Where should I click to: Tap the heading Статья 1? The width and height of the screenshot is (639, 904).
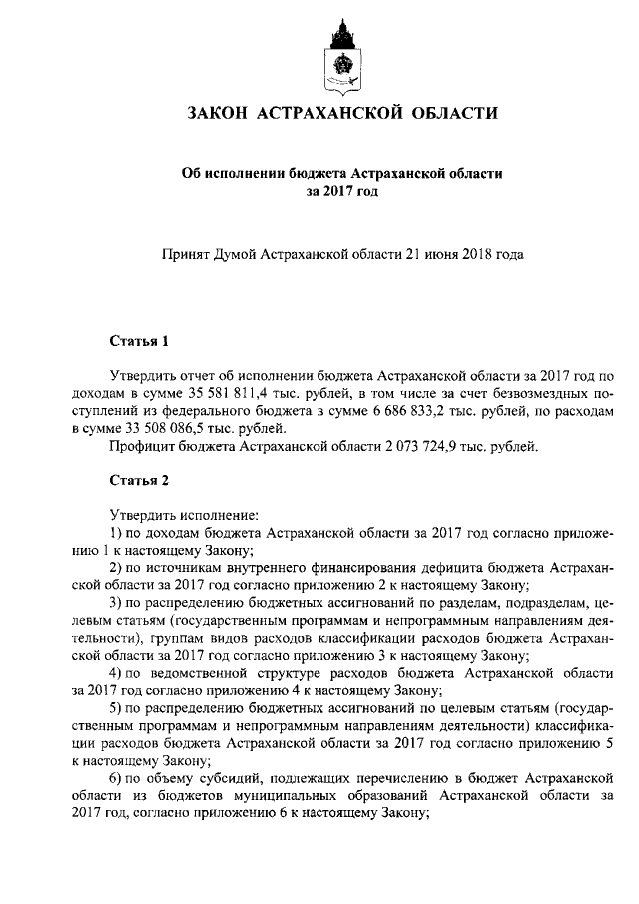pyautogui.click(x=138, y=342)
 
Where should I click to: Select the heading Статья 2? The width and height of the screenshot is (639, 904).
pyautogui.click(x=138, y=480)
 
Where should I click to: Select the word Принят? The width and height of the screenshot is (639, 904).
pyautogui.click(x=187, y=254)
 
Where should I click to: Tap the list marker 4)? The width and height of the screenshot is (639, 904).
pyautogui.click(x=115, y=672)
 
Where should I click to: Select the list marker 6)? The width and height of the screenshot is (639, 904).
pyautogui.click(x=115, y=777)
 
